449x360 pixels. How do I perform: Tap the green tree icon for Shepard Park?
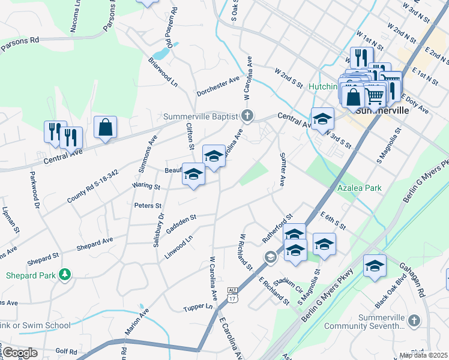pyautogui.click(x=65, y=275)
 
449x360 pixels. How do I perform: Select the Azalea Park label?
pyautogui.click(x=359, y=188)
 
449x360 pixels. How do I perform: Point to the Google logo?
pyautogui.click(x=20, y=353)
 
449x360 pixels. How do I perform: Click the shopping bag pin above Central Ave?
pyautogui.click(x=105, y=128)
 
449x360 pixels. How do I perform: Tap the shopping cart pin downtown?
pyautogui.click(x=375, y=95)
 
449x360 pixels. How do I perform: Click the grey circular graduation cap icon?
pyautogui.click(x=270, y=257)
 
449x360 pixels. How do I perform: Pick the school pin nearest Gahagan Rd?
pyautogui.click(x=375, y=267)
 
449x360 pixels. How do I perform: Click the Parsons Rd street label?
pyautogui.click(x=20, y=42)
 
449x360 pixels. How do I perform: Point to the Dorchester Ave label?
pyautogui.click(x=218, y=85)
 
